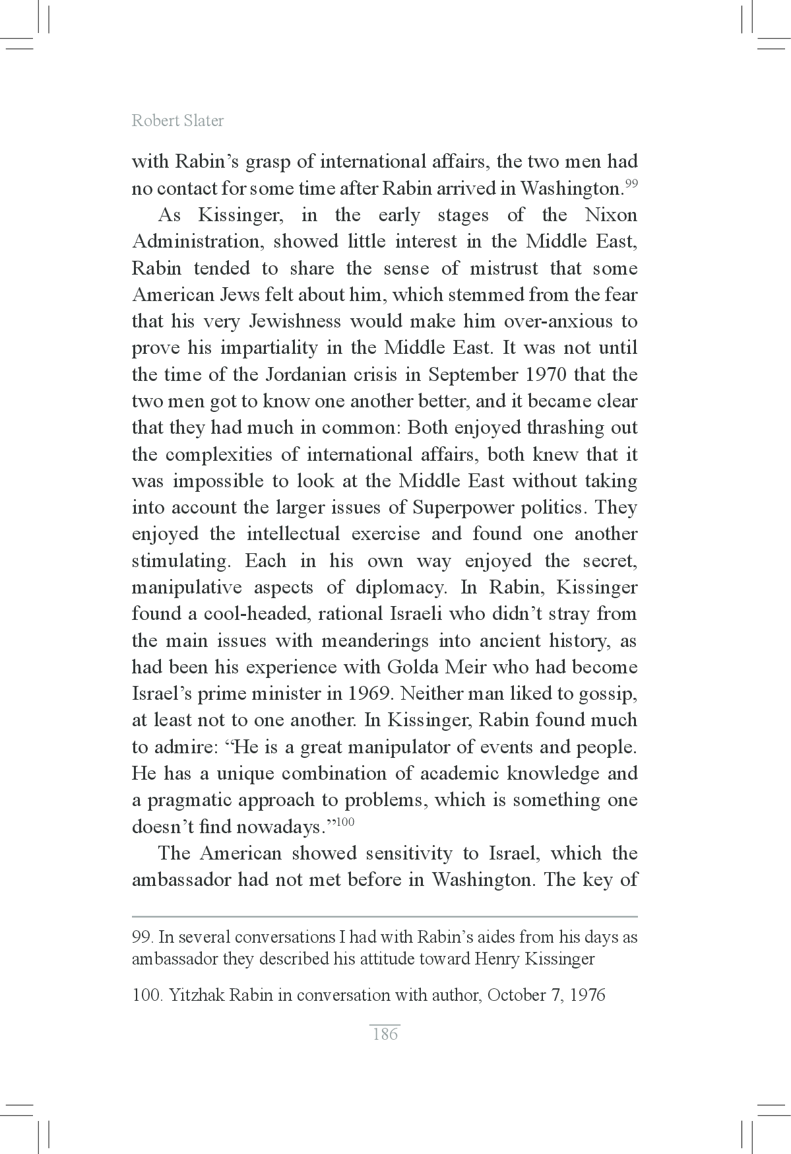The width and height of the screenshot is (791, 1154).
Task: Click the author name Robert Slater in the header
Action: pos(177,121)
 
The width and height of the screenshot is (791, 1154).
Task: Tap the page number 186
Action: pos(385,1034)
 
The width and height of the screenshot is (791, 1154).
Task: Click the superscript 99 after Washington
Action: pos(631,184)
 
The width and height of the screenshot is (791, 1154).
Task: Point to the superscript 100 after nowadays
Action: pos(346,822)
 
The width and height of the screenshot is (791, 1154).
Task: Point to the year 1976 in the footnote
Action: pos(588,995)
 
